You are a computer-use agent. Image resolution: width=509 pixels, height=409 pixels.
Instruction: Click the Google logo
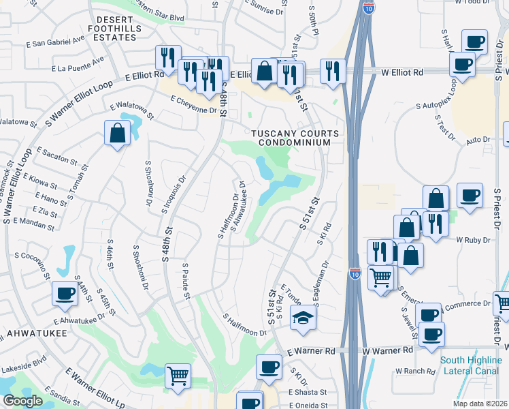click(22, 401)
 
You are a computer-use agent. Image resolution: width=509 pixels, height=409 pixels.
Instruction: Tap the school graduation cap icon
click(303, 318)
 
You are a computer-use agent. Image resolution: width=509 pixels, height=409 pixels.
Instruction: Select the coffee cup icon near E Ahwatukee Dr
click(65, 294)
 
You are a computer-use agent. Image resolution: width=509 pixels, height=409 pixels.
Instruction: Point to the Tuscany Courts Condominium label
click(291, 138)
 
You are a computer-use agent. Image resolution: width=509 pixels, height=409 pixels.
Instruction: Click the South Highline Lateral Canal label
click(471, 365)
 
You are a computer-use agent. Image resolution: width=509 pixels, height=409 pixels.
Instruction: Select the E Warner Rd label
click(312, 351)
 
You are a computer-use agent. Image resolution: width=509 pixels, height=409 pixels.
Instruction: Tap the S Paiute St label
click(186, 280)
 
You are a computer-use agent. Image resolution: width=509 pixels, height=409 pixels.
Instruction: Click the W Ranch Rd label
click(415, 372)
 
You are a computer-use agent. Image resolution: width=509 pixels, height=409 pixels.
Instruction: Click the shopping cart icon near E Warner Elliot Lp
click(178, 376)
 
